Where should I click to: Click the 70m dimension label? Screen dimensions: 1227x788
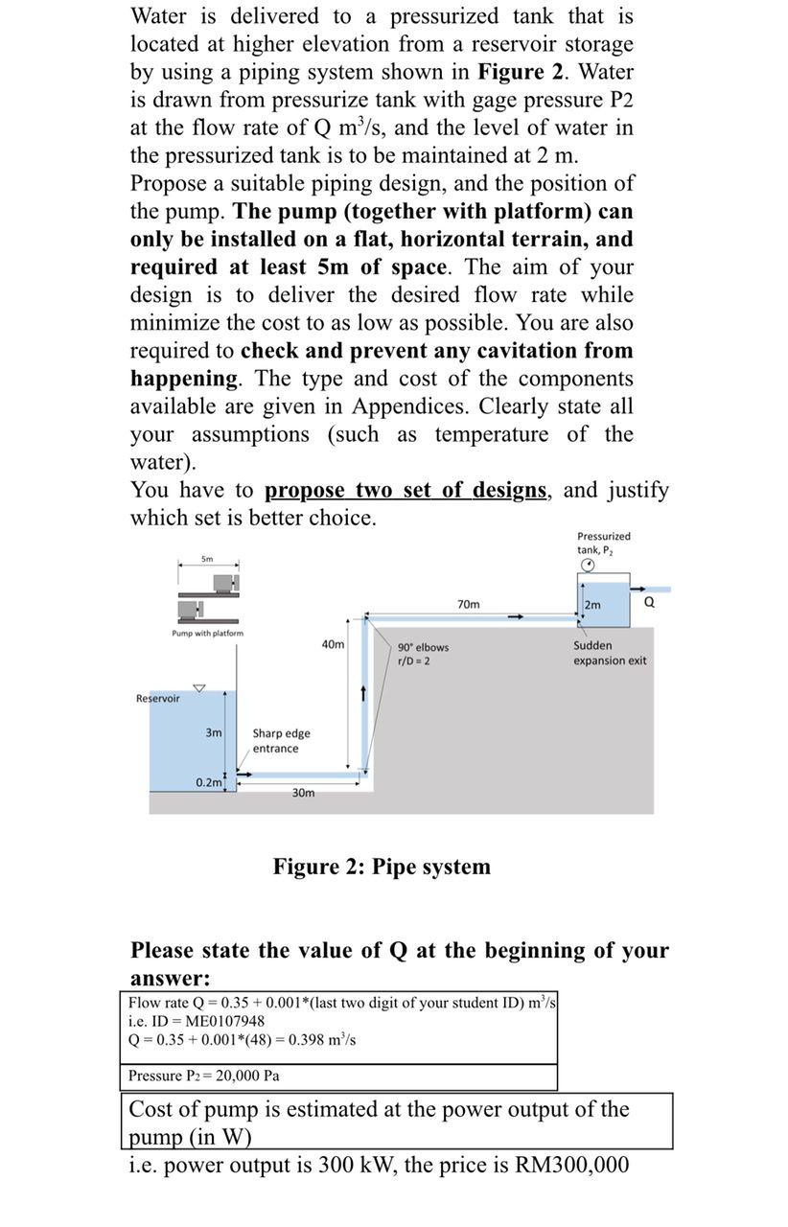point(469,604)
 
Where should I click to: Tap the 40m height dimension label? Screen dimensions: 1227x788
point(333,644)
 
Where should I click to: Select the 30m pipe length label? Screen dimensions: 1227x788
point(303,793)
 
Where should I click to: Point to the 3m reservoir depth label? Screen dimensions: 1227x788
point(214,732)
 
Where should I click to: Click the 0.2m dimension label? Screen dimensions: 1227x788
point(208,782)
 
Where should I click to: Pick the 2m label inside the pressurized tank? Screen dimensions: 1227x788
point(592,605)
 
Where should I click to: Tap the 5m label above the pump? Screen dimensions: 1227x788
point(207,559)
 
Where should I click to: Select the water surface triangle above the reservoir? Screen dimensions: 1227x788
point(199,687)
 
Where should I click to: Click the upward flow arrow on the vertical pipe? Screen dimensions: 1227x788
point(364,692)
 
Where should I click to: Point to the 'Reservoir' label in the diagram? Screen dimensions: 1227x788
point(158,699)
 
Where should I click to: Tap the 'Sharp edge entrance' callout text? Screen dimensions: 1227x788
point(280,741)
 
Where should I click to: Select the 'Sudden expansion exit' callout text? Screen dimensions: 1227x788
point(610,653)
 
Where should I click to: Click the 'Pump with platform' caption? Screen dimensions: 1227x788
point(207,634)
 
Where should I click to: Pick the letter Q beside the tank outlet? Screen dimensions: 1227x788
point(649,602)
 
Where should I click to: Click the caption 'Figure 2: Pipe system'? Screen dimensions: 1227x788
point(382,867)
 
